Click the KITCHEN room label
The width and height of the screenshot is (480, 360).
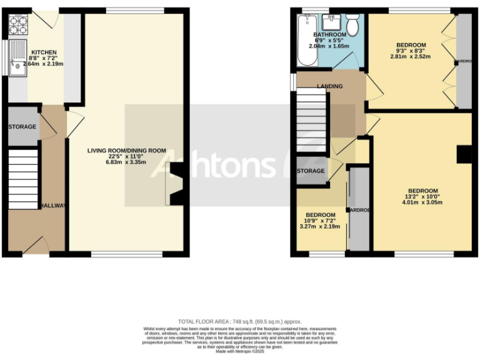coord(44,52)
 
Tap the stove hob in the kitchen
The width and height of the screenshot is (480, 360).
coord(19,24)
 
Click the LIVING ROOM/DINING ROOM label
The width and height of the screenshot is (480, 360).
coord(126,151)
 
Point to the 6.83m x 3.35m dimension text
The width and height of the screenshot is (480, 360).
coord(126,162)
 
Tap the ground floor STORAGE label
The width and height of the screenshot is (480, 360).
coord(22,127)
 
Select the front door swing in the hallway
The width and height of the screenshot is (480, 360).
coord(37,245)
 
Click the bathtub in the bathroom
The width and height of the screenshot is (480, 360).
coord(306,40)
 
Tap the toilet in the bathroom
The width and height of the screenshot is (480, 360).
coord(352,26)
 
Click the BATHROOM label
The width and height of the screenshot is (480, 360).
coord(329,34)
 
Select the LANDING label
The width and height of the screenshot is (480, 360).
coord(329,86)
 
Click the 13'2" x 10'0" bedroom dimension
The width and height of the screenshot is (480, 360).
coord(422,197)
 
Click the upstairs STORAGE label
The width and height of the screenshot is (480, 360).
coord(311,171)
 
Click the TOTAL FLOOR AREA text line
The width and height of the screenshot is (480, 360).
coord(240,321)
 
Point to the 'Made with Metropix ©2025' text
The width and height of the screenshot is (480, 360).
coord(240,352)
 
